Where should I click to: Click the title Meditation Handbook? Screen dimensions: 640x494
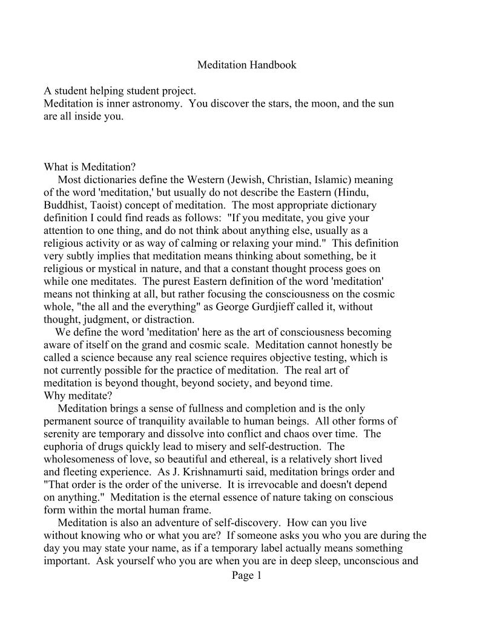tap(247, 64)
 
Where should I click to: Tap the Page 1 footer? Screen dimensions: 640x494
tap(247, 575)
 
